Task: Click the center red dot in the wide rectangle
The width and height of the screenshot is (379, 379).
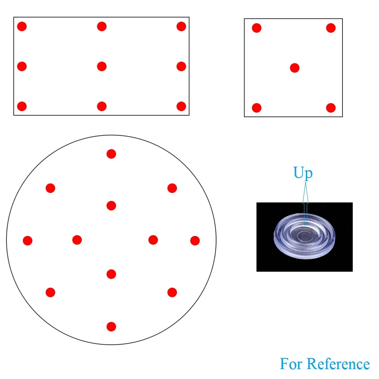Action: (102, 66)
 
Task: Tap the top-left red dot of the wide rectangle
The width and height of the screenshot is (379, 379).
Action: (22, 27)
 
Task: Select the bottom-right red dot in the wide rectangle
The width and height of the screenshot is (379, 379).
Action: (181, 106)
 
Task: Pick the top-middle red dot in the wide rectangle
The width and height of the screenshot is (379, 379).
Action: (102, 26)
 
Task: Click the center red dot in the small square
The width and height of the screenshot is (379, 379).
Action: (295, 68)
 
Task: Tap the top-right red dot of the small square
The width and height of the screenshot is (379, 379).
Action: (331, 28)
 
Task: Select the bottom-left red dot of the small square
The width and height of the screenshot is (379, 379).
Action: (257, 108)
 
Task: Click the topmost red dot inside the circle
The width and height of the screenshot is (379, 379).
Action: (111, 154)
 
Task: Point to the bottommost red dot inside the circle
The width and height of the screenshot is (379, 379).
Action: (111, 326)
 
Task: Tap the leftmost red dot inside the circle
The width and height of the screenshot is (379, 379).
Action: (27, 240)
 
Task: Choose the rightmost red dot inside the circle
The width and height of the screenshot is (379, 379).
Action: (195, 240)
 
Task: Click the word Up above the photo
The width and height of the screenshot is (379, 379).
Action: (303, 173)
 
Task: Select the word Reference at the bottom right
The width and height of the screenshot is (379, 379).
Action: (338, 364)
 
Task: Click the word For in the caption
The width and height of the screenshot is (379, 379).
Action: (291, 364)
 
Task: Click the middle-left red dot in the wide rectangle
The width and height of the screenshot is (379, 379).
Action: (22, 66)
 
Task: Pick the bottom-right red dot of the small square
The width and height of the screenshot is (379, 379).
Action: (331, 108)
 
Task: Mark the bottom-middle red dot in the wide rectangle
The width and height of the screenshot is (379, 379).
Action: (102, 106)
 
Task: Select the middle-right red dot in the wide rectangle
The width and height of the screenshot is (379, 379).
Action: (181, 66)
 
